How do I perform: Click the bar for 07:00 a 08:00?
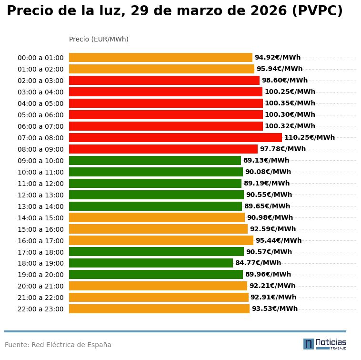[x=175, y=138]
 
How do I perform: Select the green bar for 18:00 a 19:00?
[x=151, y=263]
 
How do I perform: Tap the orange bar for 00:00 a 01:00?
[x=160, y=58]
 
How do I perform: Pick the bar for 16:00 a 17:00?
[x=161, y=240]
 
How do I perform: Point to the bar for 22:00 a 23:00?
[x=159, y=309]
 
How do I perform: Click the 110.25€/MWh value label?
[x=310, y=138]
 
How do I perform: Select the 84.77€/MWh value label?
[x=258, y=263]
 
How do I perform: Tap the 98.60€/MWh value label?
[x=285, y=81]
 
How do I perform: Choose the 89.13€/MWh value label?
[x=266, y=161]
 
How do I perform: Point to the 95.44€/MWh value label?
[x=279, y=240]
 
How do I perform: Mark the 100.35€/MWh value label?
[x=290, y=103]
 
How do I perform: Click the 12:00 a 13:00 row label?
[x=40, y=195]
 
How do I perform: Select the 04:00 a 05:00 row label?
[x=40, y=103]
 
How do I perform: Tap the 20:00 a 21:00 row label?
[x=40, y=286]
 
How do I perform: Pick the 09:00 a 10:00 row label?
[x=40, y=161]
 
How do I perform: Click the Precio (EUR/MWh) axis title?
[x=99, y=39]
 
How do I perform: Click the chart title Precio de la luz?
[x=174, y=11]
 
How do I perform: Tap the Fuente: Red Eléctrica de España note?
[x=58, y=345]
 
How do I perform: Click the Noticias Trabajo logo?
[x=325, y=344]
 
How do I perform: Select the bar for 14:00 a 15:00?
[x=157, y=217]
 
